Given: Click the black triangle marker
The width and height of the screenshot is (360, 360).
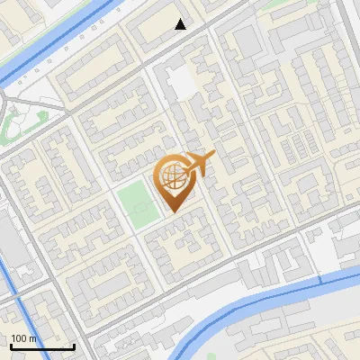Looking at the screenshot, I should tap(181, 24).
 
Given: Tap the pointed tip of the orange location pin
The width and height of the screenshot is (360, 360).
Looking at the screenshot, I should tap(173, 212).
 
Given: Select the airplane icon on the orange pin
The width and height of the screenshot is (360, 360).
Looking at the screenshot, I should tap(197, 165).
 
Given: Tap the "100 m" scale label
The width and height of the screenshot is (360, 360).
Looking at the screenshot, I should tap(23, 338).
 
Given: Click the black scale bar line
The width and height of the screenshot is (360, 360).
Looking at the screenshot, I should tap(41, 346).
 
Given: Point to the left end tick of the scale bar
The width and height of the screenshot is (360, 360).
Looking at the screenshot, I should tap(10, 345).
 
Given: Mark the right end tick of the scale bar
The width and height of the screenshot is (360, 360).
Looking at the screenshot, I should tap(74, 345).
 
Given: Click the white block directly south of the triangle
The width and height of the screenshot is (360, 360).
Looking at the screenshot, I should tap(182, 84).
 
